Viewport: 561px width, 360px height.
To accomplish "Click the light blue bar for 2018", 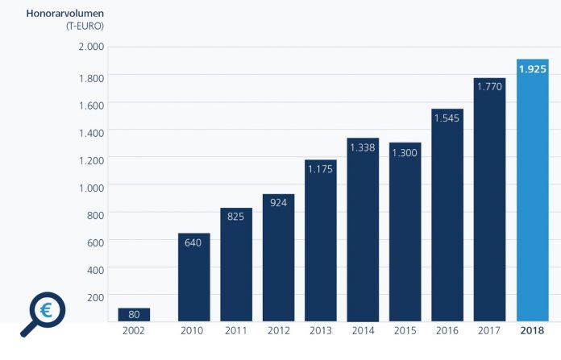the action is pyautogui.click(x=532, y=190).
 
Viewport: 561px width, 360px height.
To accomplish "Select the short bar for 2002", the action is pyautogui.click(x=134, y=315).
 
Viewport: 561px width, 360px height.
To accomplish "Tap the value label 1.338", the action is pyautogui.click(x=363, y=147).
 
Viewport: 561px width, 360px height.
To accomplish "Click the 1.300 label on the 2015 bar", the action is pyautogui.click(x=405, y=153).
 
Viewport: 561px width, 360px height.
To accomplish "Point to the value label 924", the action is pyautogui.click(x=278, y=203).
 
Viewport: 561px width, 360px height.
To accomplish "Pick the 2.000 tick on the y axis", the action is pyautogui.click(x=91, y=47).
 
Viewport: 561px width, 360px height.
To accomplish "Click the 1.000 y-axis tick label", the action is pyautogui.click(x=91, y=188).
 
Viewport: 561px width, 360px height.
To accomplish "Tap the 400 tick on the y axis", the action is pyautogui.click(x=96, y=271).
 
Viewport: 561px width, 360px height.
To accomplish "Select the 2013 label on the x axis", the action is pyautogui.click(x=321, y=331).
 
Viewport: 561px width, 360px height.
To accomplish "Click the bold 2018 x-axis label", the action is pyautogui.click(x=532, y=331).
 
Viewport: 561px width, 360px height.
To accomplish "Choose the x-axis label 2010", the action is pyautogui.click(x=192, y=331).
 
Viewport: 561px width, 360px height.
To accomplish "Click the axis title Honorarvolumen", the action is pyautogui.click(x=65, y=14).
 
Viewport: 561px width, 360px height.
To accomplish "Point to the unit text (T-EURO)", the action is pyautogui.click(x=85, y=26).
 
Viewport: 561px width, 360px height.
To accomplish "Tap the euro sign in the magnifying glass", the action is pyautogui.click(x=46, y=310).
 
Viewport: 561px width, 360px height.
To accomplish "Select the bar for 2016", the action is pyautogui.click(x=447, y=215).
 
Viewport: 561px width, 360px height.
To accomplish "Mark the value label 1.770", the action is pyautogui.click(x=489, y=86).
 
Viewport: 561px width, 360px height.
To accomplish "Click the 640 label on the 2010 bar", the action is pyautogui.click(x=193, y=242).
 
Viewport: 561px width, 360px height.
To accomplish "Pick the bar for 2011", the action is pyautogui.click(x=236, y=264).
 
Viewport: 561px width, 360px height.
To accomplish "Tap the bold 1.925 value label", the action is pyautogui.click(x=533, y=69).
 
